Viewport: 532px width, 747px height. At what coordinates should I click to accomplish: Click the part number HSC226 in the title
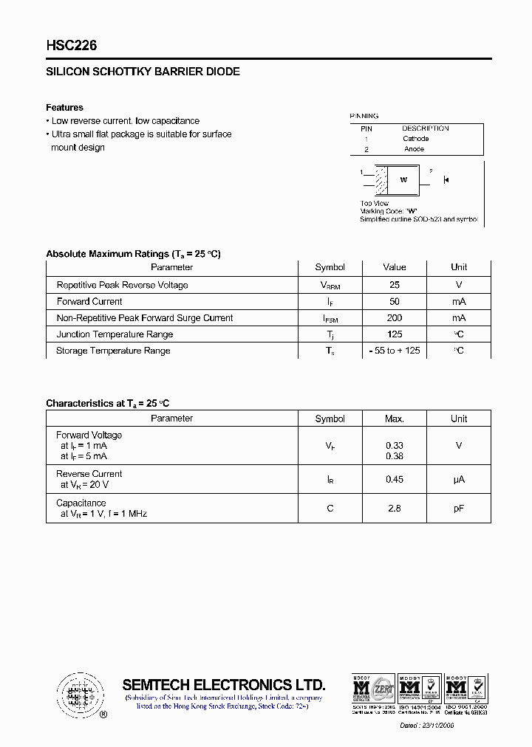tap(72, 46)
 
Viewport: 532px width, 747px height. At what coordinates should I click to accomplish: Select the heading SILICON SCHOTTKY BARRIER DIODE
tap(143, 72)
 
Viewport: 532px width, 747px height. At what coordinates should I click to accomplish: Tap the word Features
tap(65, 108)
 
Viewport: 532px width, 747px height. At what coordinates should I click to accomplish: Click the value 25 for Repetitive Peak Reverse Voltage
tap(395, 285)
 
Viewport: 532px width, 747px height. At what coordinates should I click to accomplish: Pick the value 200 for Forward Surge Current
tap(395, 318)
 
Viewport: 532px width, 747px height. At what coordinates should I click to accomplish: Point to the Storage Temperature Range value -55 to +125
tap(395, 351)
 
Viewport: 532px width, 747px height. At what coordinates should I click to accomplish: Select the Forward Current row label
tap(89, 301)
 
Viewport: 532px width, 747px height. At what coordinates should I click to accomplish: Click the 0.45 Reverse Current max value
tap(395, 480)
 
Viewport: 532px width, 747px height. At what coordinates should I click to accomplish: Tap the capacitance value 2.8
tap(395, 509)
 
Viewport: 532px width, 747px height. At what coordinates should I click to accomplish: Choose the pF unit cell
tap(459, 509)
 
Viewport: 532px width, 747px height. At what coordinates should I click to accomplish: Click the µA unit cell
tap(459, 480)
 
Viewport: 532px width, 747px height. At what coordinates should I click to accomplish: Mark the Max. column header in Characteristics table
tap(395, 419)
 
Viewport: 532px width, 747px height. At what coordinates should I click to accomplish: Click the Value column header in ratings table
tap(395, 267)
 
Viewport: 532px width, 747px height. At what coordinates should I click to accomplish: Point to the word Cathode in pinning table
tap(415, 139)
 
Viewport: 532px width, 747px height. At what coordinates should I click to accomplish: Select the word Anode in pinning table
tap(414, 149)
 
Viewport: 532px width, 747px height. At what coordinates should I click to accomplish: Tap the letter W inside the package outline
tap(403, 179)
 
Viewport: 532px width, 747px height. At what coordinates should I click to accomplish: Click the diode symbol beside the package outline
tap(446, 179)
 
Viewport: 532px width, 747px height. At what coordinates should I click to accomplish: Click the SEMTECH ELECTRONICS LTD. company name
tap(223, 684)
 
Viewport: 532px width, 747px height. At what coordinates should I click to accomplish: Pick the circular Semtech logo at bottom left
tap(77, 694)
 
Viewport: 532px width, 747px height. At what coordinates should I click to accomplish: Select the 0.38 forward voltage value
tap(395, 456)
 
